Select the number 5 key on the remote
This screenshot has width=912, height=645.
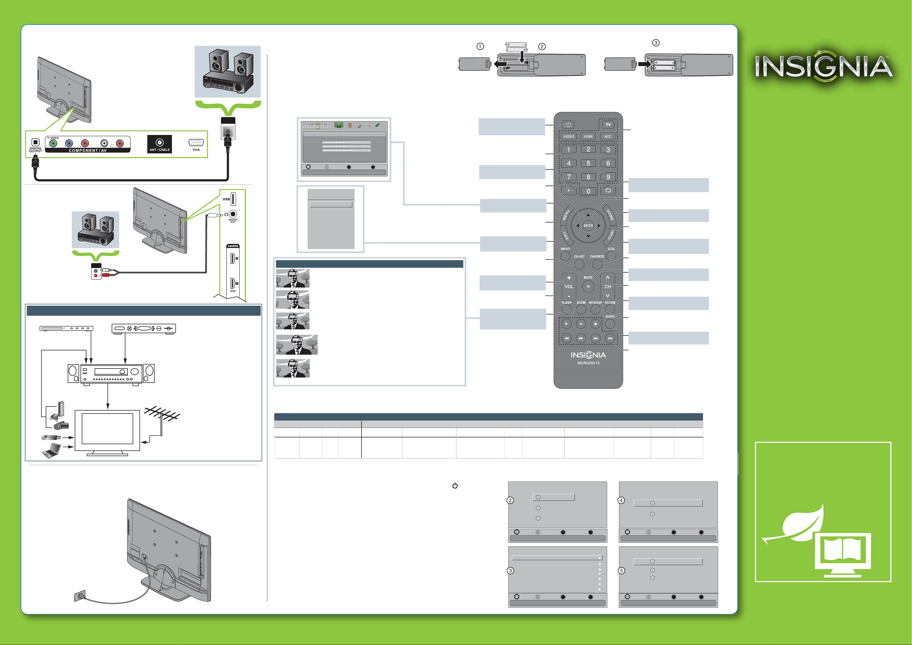[x=588, y=163]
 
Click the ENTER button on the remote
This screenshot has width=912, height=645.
[x=588, y=225]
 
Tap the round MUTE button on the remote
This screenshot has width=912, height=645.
[x=588, y=286]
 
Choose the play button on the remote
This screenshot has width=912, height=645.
[x=566, y=324]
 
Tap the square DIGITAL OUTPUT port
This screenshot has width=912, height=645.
[x=35, y=142]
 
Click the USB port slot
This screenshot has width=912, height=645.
[x=233, y=199]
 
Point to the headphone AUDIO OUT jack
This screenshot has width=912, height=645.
[x=233, y=214]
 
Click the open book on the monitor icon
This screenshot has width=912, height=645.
[x=842, y=551]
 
